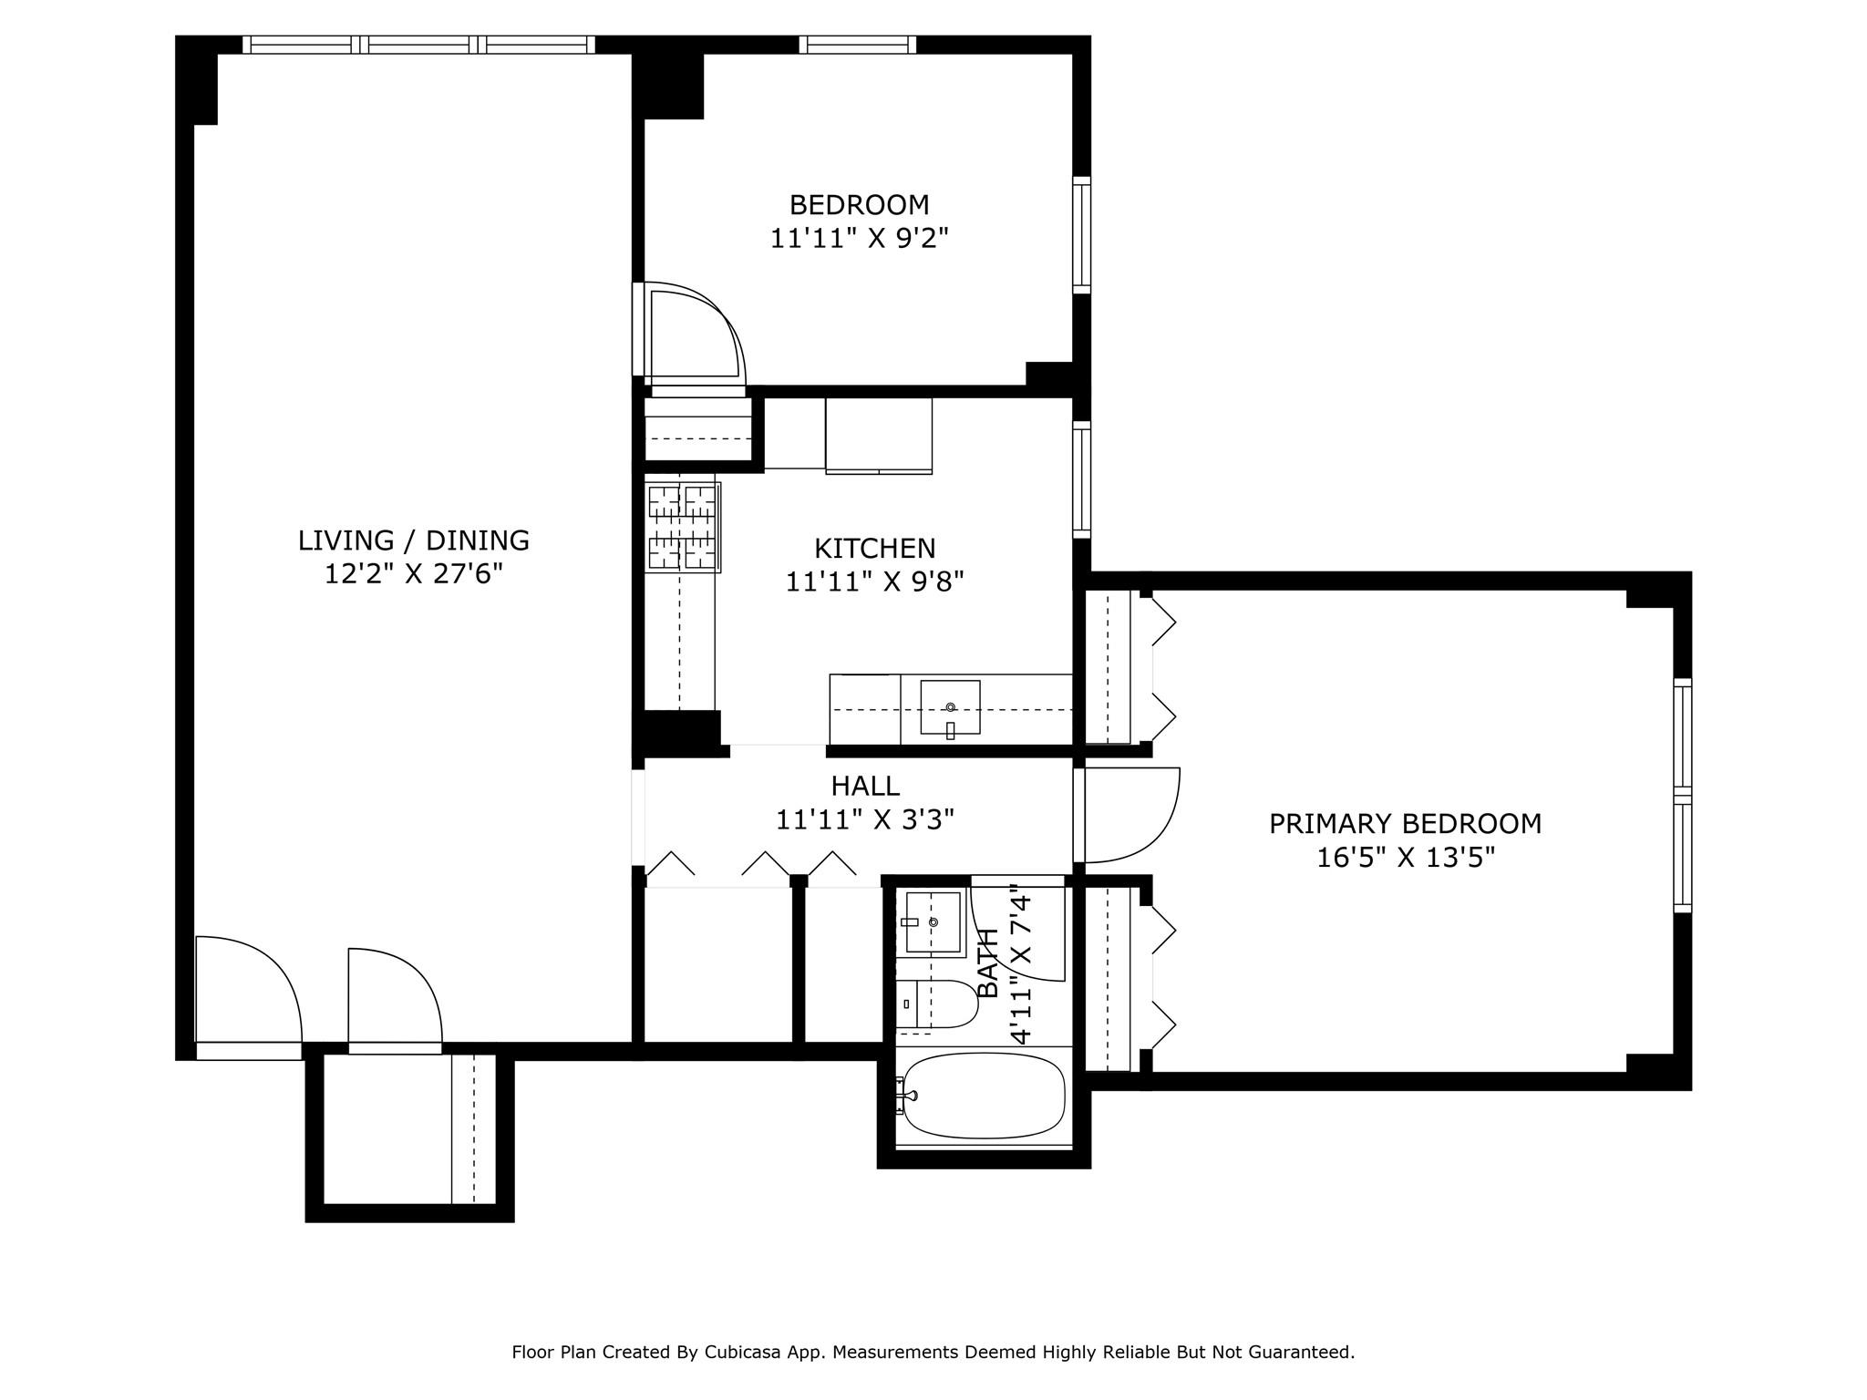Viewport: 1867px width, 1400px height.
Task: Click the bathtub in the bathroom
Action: click(x=983, y=1096)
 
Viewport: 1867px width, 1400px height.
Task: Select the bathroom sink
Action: click(x=933, y=922)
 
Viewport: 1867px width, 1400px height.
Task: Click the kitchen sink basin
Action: click(x=950, y=706)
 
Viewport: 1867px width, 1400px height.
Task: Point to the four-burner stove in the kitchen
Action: click(x=683, y=528)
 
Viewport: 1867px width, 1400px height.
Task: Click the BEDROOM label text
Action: click(x=859, y=204)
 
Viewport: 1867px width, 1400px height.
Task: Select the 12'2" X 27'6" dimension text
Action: click(x=414, y=574)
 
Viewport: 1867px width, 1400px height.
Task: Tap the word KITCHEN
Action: click(x=874, y=548)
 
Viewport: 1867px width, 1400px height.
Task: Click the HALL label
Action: click(x=864, y=786)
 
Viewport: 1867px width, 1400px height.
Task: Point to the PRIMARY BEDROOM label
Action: click(x=1405, y=824)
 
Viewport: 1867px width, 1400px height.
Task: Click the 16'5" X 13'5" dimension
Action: click(x=1405, y=858)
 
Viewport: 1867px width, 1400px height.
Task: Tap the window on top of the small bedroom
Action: click(x=857, y=45)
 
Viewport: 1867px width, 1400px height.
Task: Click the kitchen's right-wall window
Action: click(x=1081, y=479)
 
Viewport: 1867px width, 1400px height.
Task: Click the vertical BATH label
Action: click(x=988, y=963)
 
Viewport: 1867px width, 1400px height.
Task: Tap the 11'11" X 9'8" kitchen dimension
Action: click(x=874, y=582)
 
